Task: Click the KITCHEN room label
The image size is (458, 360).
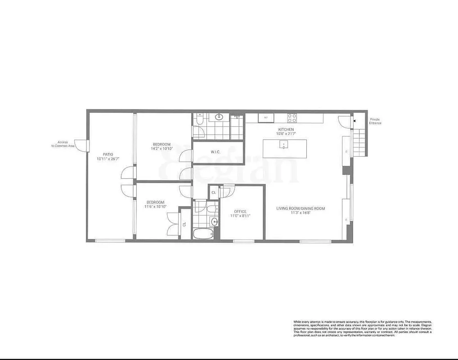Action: (x=286, y=130)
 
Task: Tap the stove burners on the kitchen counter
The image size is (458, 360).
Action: (x=292, y=118)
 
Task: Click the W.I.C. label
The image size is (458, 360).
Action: (x=215, y=152)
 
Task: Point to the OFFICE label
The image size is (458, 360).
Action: (x=240, y=211)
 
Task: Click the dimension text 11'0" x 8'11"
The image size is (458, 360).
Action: (x=240, y=216)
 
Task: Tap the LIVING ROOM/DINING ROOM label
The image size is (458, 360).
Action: (x=301, y=208)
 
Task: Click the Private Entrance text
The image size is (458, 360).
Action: (x=375, y=121)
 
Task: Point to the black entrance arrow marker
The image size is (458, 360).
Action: (x=355, y=121)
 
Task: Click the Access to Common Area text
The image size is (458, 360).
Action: (x=63, y=144)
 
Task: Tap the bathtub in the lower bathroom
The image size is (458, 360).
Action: (x=204, y=233)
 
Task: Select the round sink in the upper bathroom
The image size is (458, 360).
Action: (x=219, y=117)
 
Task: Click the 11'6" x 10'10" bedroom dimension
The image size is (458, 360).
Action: (x=155, y=207)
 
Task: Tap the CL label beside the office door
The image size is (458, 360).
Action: (x=214, y=193)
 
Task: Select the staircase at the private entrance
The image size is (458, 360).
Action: (x=359, y=141)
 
